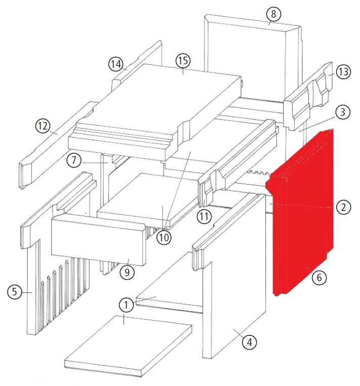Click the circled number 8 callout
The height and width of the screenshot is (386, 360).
(274, 14)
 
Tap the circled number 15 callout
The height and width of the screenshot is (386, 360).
(182, 61)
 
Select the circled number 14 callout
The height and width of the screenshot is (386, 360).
(116, 65)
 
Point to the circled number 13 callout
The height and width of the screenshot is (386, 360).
(343, 72)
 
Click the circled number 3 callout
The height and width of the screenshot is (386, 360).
(343, 113)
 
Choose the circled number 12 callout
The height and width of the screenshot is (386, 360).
(43, 125)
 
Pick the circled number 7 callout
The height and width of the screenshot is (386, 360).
(74, 161)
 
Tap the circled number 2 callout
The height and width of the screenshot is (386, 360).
(343, 206)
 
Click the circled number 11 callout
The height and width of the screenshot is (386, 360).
(204, 217)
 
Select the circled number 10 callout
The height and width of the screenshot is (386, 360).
(164, 237)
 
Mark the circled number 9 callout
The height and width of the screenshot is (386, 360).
(127, 272)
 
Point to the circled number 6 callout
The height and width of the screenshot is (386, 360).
(319, 277)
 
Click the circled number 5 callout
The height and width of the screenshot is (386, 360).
(15, 291)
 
